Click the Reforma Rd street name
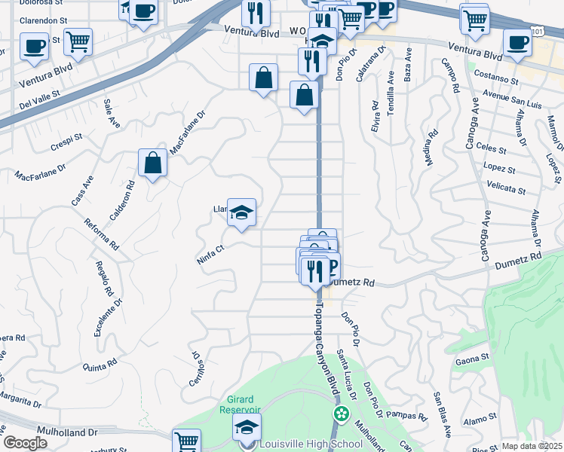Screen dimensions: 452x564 pos(103,234)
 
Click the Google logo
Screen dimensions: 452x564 pos(25,443)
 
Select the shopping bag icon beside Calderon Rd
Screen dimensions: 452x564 pos(152,162)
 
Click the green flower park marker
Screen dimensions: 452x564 pos(342,414)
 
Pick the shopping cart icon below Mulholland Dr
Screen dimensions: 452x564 pos(186,441)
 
